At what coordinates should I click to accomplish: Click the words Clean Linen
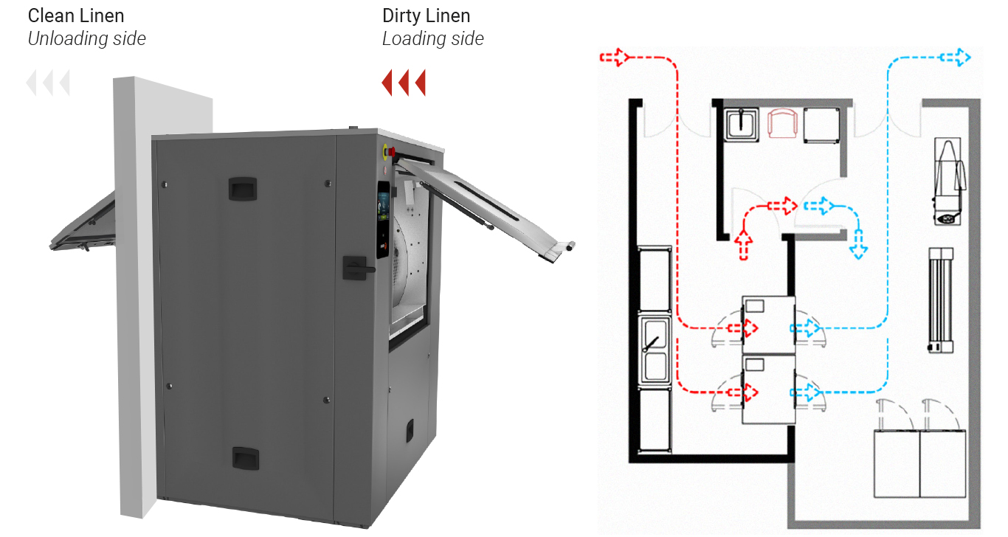click(x=76, y=15)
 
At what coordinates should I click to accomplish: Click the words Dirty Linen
click(x=426, y=15)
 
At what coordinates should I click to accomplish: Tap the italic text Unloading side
click(x=86, y=39)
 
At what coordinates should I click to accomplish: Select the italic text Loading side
click(x=432, y=39)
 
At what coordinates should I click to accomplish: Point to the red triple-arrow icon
click(x=404, y=83)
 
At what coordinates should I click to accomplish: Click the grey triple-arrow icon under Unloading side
click(x=48, y=83)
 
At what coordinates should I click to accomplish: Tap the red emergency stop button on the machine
click(x=391, y=152)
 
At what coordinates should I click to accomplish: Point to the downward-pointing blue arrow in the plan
click(x=858, y=244)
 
